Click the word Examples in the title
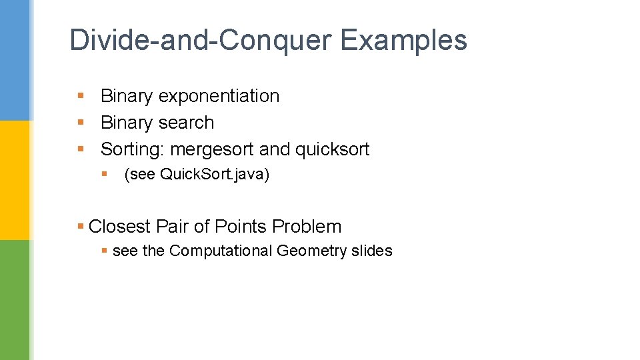pos(403,40)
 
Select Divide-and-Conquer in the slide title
pos(200,40)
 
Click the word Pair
pos(173,227)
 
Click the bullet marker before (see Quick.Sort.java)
pos(105,175)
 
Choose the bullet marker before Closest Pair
pos(81,227)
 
